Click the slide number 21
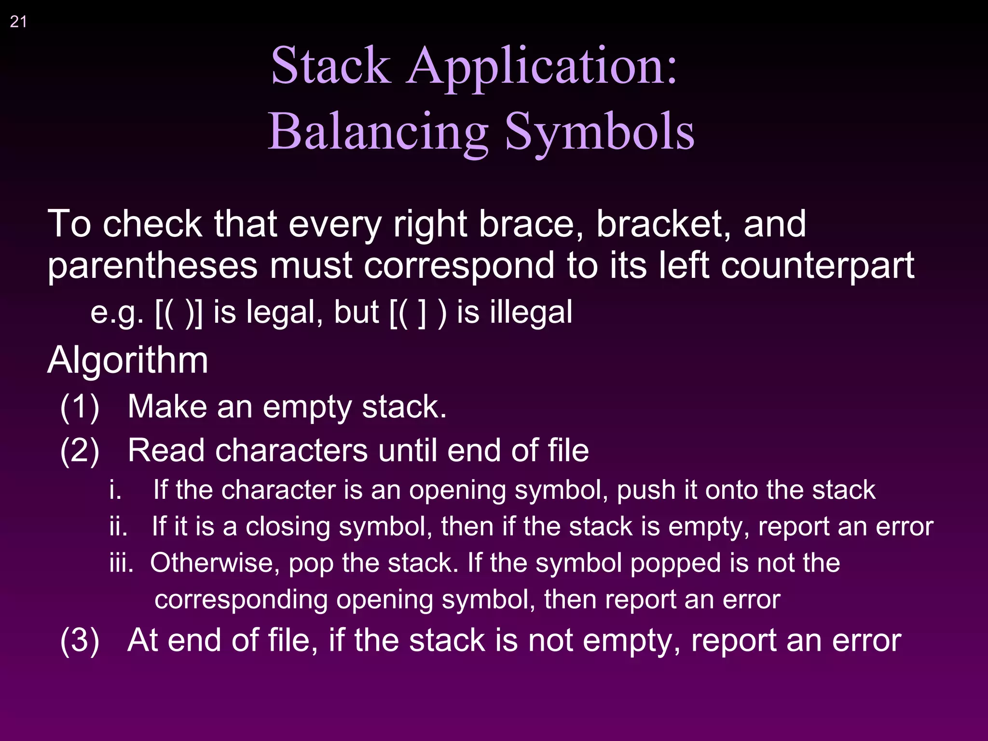pyautogui.click(x=18, y=22)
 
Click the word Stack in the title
pyautogui.click(x=330, y=66)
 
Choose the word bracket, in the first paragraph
pyautogui.click(x=664, y=224)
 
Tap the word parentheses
pyautogui.click(x=152, y=266)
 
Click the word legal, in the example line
pyautogui.click(x=284, y=312)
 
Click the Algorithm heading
pyautogui.click(x=128, y=360)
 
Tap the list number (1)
pyautogui.click(x=80, y=407)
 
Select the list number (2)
pyautogui.click(x=80, y=451)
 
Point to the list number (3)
pyautogui.click(x=80, y=640)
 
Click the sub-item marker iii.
pyautogui.click(x=121, y=563)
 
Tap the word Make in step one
pyautogui.click(x=167, y=407)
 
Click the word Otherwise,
pyautogui.click(x=215, y=563)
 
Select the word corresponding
pyautogui.click(x=241, y=600)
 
